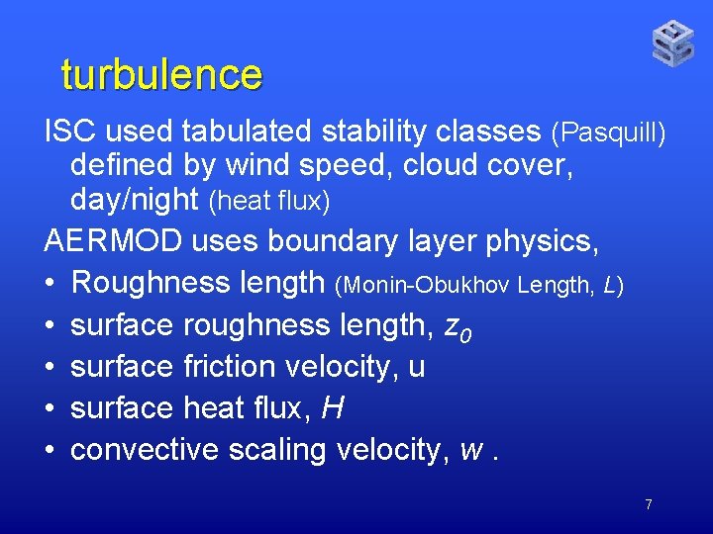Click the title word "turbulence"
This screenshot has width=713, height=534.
coord(161,74)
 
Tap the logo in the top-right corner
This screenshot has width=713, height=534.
coord(672,43)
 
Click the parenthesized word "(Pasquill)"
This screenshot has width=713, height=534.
coord(608,132)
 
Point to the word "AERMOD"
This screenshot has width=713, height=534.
coord(110,241)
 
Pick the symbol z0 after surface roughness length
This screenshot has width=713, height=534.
coord(458,327)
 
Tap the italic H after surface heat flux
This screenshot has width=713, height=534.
coord(333,408)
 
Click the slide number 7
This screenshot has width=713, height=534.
coord(648,504)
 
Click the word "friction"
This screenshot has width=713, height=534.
coord(231,367)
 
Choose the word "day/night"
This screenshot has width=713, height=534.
coord(135,200)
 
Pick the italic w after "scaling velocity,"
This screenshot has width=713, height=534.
coord(472,451)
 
